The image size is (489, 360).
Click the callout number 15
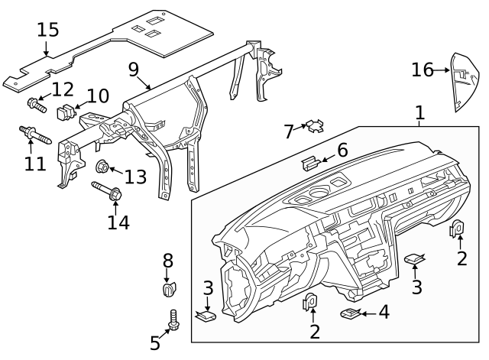pos(47,30)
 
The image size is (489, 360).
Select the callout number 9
pos(134,70)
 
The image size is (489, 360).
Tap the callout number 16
pos(422,70)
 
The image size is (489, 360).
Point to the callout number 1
pos(419,114)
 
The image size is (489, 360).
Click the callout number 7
pos(289,132)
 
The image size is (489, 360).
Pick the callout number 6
pos(342,150)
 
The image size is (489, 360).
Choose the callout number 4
pos(384,312)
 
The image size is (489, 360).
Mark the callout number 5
pos(155,343)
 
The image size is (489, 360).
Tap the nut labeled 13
pos(102,167)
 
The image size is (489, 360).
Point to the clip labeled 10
pos(67,112)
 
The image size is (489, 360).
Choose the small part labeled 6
pos(310,161)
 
